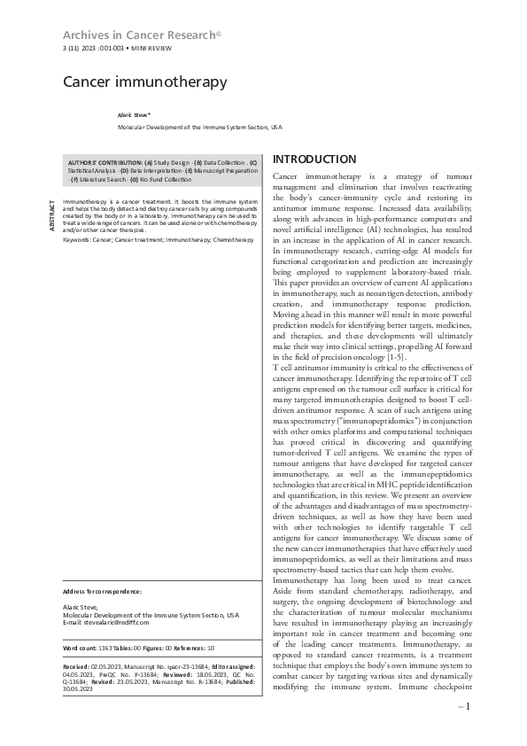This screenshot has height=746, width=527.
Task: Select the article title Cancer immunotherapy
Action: point(144,82)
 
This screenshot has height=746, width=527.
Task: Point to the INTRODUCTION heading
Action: point(314,159)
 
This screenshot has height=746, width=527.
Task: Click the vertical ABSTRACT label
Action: point(52,216)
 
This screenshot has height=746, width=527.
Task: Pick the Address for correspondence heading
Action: point(103,590)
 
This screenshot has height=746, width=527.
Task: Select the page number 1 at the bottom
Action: point(466,707)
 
